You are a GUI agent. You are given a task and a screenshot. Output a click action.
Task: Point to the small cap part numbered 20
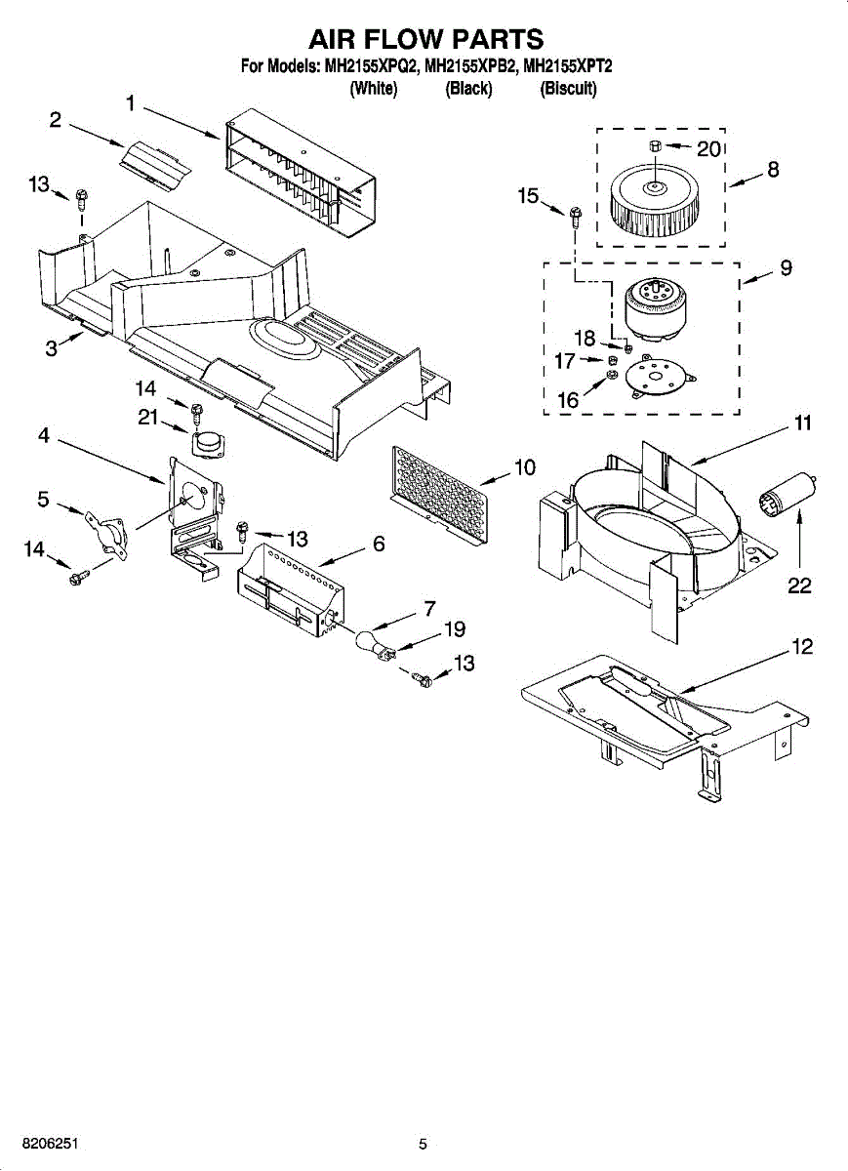point(656,146)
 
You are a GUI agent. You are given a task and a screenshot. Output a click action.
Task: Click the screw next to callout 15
point(575,217)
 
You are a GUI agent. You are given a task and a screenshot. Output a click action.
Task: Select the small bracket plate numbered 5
point(105,531)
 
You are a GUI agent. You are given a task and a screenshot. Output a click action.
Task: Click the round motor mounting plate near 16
point(654,377)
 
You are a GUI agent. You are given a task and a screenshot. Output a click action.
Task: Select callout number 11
point(802,423)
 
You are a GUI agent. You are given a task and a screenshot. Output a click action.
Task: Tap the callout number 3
point(51,348)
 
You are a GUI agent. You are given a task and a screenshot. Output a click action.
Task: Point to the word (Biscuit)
point(568,89)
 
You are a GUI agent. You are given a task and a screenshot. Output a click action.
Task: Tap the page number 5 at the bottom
point(423,1144)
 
